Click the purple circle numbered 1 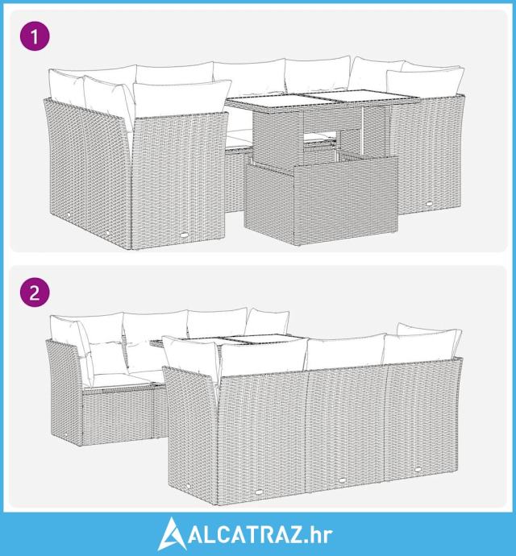click(x=35, y=35)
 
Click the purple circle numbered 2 click(x=35, y=293)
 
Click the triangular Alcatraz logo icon click(x=172, y=533)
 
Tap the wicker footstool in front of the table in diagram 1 click(x=321, y=201)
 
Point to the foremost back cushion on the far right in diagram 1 click(x=425, y=82)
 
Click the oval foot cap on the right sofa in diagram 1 click(x=430, y=204)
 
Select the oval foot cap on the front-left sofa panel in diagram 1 click(x=185, y=235)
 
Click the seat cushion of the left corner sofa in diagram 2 click(x=117, y=381)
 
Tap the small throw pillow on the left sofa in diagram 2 click(x=106, y=358)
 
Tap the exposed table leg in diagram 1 click(x=363, y=131)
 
